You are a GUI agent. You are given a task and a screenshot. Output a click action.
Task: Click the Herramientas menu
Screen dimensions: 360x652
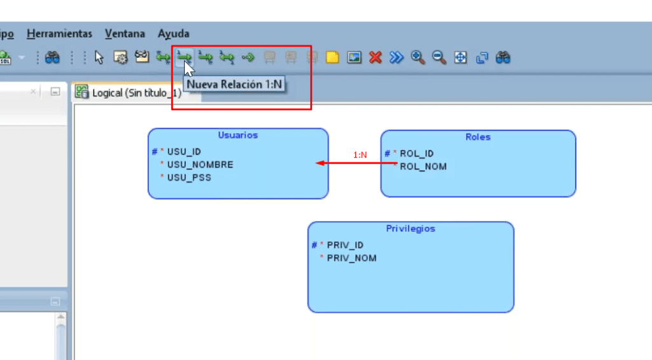pyautogui.click(x=59, y=33)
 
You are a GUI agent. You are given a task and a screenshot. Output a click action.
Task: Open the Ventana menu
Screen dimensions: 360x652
pyautogui.click(x=125, y=33)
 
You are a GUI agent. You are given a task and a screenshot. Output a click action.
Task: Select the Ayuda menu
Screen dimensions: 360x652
pyautogui.click(x=173, y=33)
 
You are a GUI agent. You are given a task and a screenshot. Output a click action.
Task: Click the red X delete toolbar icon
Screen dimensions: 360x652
pyautogui.click(x=375, y=57)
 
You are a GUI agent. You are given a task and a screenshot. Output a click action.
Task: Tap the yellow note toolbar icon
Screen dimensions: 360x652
pyautogui.click(x=332, y=57)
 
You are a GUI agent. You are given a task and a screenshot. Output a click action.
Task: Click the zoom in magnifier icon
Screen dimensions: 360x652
pyautogui.click(x=418, y=57)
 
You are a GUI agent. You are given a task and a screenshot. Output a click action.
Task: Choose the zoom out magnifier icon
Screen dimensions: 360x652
pyautogui.click(x=439, y=57)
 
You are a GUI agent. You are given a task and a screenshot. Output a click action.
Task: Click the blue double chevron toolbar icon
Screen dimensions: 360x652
pyautogui.click(x=397, y=57)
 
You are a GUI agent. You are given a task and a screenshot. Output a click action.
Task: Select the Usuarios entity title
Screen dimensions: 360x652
pyautogui.click(x=237, y=135)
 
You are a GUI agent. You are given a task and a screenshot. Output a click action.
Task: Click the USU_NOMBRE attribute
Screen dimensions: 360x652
pyautogui.click(x=200, y=164)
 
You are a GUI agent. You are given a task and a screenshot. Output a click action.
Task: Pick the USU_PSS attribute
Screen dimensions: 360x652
pyautogui.click(x=188, y=177)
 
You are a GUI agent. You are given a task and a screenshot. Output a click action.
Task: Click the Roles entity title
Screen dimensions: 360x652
pyautogui.click(x=478, y=136)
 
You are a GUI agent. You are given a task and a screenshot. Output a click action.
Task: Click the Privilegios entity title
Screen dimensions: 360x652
pyautogui.click(x=411, y=228)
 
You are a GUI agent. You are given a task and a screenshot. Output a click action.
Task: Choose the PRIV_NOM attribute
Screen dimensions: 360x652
pyautogui.click(x=351, y=258)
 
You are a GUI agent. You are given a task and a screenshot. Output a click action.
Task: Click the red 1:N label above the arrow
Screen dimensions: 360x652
pyautogui.click(x=360, y=155)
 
